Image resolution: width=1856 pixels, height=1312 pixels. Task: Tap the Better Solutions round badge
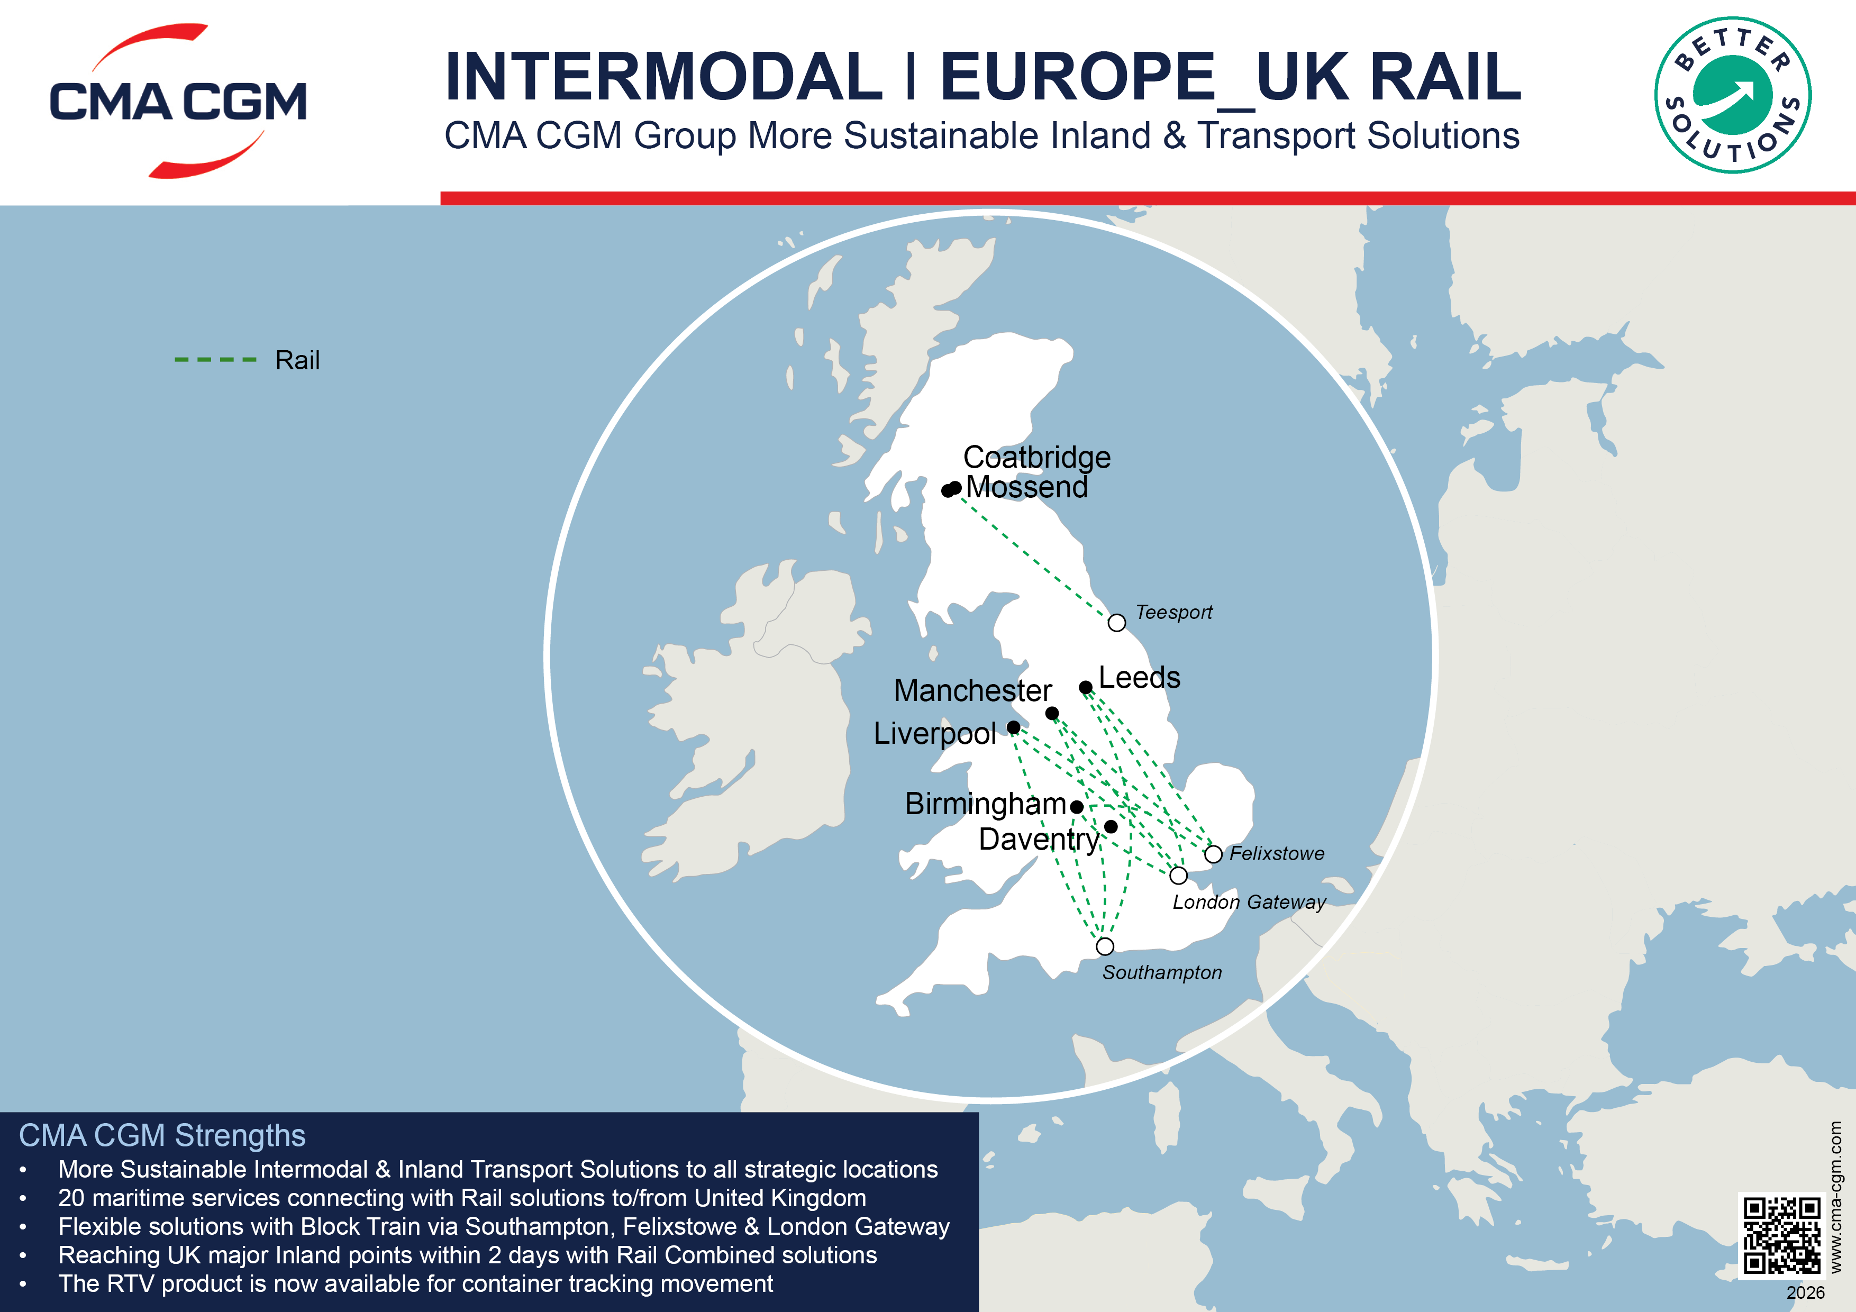tap(1732, 95)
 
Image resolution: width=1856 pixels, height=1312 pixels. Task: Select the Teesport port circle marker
tap(1116, 623)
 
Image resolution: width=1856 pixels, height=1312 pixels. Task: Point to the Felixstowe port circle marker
tap(1213, 854)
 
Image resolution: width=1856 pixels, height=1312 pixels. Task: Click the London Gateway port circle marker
tap(1179, 876)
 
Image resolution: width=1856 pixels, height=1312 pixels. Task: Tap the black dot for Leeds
tap(1086, 688)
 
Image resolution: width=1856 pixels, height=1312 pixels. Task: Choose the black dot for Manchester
tap(1052, 713)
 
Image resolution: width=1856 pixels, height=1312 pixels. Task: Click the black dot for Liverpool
tap(1013, 727)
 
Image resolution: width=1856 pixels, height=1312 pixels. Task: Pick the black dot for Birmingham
tap(1077, 807)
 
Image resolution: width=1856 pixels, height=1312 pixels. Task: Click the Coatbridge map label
tap(1036, 458)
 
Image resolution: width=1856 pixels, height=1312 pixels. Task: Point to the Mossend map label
tap(1026, 487)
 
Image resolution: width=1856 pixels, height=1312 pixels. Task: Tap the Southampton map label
tap(1162, 972)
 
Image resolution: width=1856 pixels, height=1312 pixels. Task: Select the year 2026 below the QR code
tap(1805, 1292)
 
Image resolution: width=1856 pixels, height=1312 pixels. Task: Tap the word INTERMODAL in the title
tap(663, 77)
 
